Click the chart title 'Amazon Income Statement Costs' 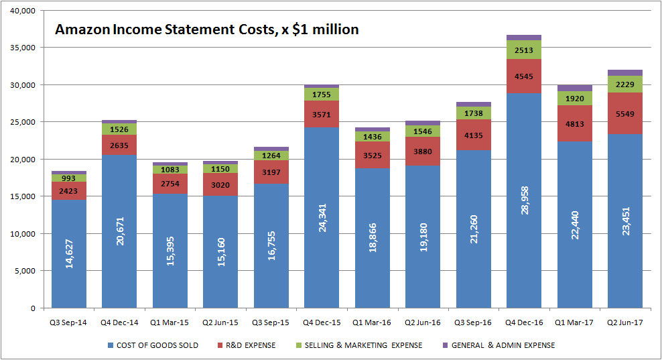(206, 29)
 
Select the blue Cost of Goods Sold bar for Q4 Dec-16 (524, 201)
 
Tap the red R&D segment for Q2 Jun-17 (625, 113)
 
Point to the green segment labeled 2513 (524, 50)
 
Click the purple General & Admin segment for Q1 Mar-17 (574, 88)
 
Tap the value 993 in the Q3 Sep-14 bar (69, 178)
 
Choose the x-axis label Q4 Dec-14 (119, 322)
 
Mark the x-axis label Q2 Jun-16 (423, 322)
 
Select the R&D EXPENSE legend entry (249, 345)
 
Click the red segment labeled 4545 (524, 76)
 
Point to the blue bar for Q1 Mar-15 (170, 251)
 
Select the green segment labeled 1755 (322, 95)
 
